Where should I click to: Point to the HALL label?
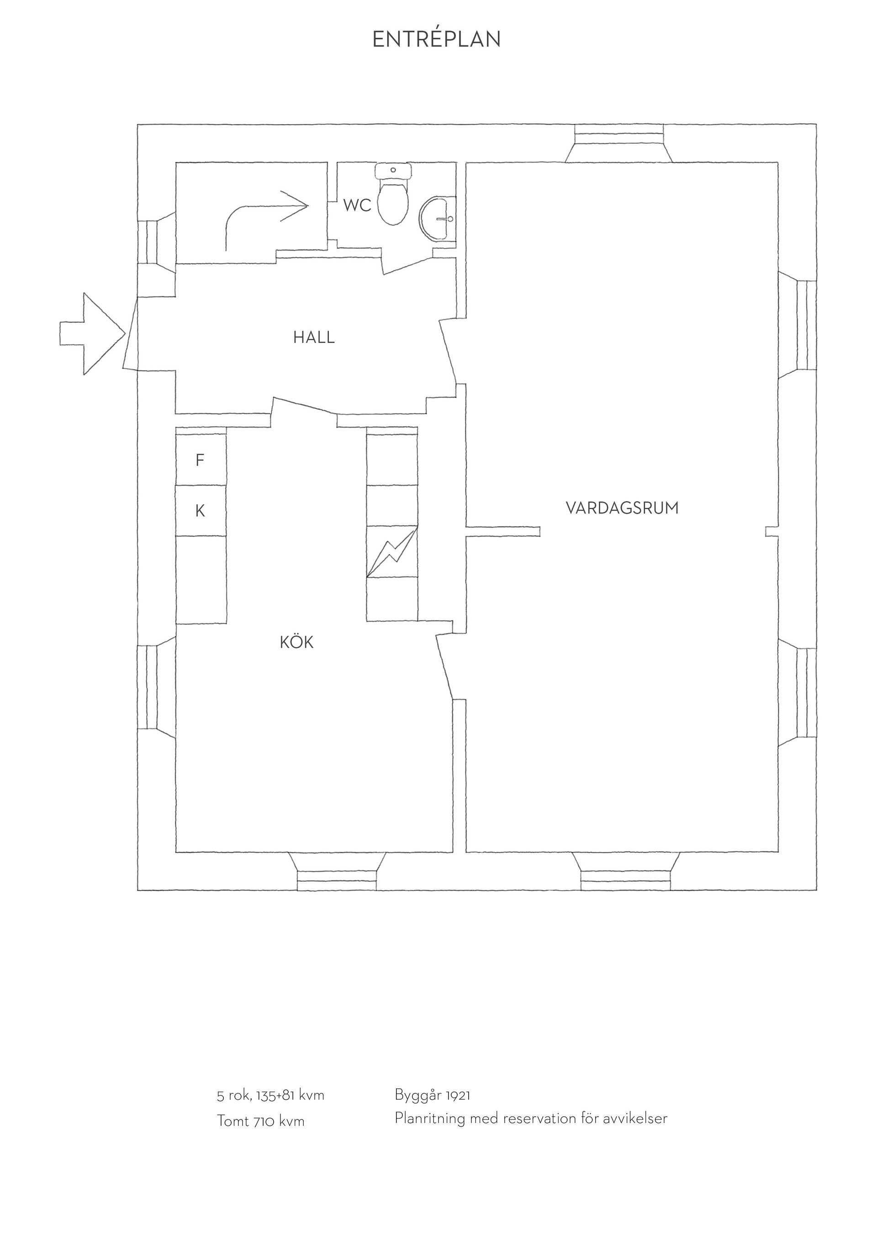coord(314,338)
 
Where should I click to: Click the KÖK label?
coord(296,642)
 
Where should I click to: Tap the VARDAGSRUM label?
coord(622,508)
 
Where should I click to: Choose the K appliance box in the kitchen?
coord(201,510)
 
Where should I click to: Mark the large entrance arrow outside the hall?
coord(92,334)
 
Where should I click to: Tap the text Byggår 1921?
coord(433,1095)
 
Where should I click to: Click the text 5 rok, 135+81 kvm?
coord(270,1095)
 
